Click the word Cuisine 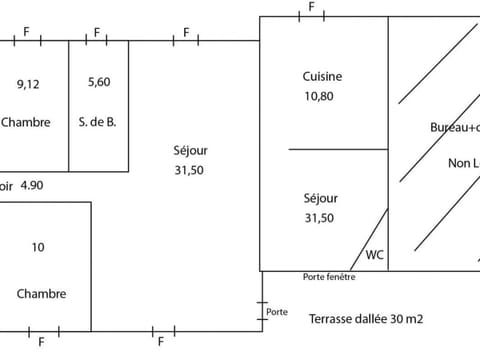pos(323,77)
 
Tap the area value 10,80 pos(323,97)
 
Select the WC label pos(374,254)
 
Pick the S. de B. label pos(98,123)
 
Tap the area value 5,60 pos(98,82)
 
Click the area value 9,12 pos(29,84)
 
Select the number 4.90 pos(32,184)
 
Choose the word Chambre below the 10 pos(42,294)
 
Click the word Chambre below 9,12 pos(26,123)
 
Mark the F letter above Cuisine pos(311,8)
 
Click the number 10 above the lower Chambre pos(38,247)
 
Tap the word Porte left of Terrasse pos(277,312)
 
